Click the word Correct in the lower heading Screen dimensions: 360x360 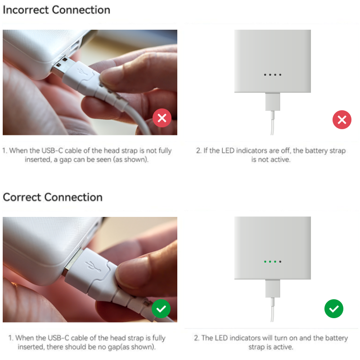point(22,197)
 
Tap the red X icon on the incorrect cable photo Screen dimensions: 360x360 point(162,118)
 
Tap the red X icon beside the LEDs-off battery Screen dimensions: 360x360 point(342,120)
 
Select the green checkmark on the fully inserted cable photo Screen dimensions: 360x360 point(161,309)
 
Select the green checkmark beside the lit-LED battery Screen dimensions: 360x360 point(334,309)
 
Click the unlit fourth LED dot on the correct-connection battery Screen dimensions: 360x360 point(280,262)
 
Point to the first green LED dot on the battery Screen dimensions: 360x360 point(265,262)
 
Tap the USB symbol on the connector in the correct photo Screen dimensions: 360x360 point(93,266)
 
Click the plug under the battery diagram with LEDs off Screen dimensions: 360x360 point(273,102)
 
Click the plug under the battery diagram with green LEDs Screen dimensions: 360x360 point(273,288)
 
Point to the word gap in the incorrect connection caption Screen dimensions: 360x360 point(65,160)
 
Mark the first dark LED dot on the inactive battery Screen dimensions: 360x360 point(265,75)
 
